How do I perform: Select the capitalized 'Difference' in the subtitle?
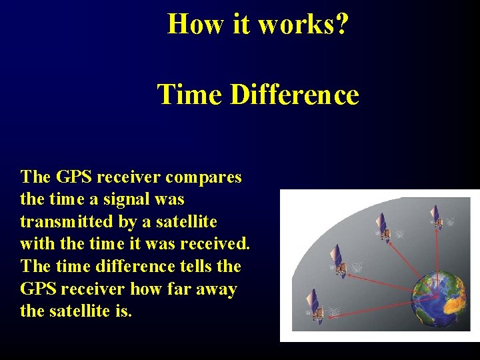tap(295, 95)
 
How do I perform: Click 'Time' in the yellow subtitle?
tap(189, 95)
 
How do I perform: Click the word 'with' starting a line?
tap(37, 243)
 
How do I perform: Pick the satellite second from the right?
tap(382, 227)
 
